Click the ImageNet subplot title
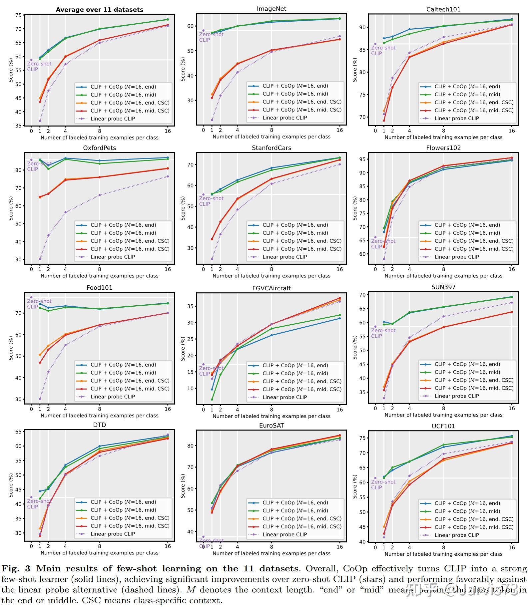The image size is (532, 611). [271, 9]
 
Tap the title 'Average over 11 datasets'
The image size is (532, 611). [99, 10]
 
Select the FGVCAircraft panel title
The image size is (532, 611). [271, 288]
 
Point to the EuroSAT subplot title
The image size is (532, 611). [271, 426]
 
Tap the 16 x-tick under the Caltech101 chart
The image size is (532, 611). [511, 131]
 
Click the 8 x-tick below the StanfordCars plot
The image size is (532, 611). [271, 269]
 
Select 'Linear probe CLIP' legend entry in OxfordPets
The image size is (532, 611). [113, 257]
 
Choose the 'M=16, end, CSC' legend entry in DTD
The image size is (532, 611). [130, 518]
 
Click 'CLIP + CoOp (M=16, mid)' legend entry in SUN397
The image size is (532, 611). [467, 372]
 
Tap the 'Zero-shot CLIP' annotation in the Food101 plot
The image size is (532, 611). [39, 304]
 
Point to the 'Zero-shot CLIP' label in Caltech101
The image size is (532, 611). [383, 50]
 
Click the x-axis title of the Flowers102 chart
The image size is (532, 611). [443, 276]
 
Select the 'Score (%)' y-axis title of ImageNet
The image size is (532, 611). [183, 69]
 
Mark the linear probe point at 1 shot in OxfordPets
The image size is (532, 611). [40, 259]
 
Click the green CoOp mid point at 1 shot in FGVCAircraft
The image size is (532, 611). [212, 399]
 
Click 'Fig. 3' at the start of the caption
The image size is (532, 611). [16, 569]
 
